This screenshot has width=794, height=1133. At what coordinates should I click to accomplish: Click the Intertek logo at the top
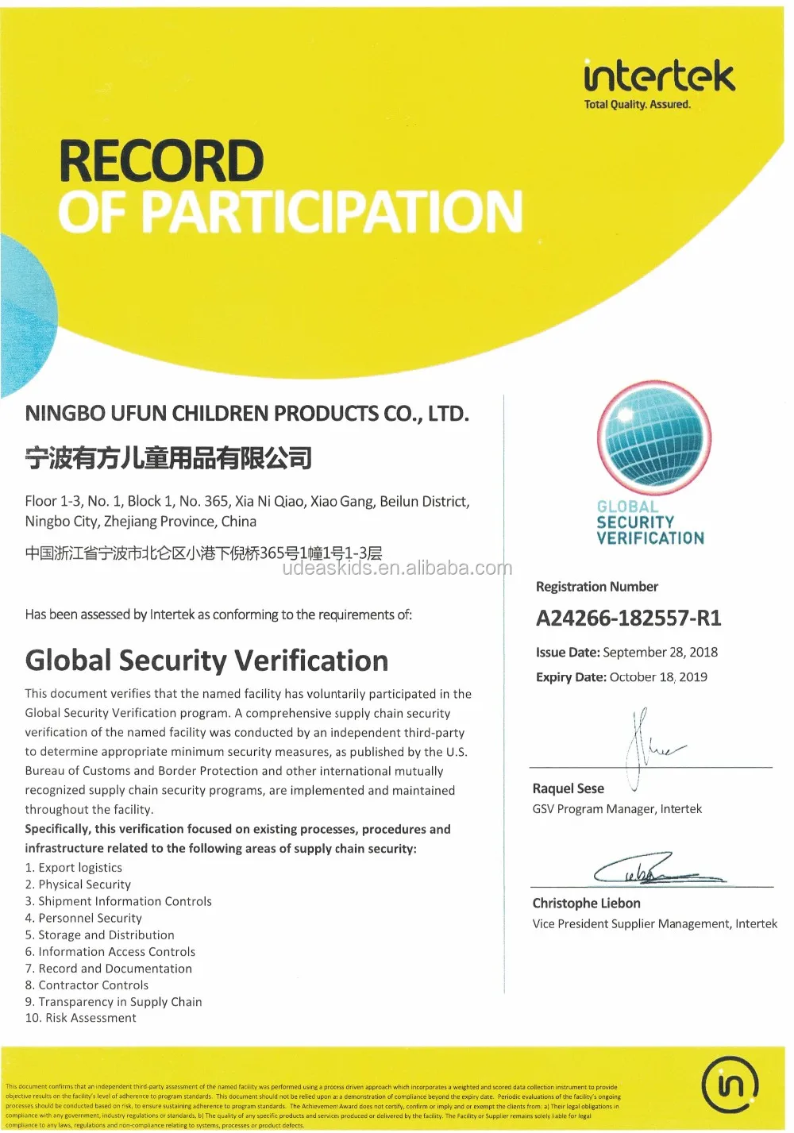pos(659,77)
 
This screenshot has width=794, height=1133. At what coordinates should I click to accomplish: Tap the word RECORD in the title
pos(161,161)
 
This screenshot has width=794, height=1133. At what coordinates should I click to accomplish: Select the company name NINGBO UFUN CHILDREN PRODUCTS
pos(247,414)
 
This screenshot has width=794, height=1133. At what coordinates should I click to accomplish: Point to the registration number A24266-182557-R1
pos(628,619)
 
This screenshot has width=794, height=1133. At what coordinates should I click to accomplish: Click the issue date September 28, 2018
pos(660,653)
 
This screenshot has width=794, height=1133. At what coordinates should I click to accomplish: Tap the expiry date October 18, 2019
pos(657,677)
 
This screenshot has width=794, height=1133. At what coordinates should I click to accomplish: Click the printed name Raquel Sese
pos(568,788)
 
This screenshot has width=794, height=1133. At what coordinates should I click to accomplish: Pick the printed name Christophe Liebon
pos(586,904)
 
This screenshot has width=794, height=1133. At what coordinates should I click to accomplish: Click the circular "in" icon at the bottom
pos(730,1085)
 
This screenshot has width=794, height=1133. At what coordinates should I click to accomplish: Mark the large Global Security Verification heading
pos(206,661)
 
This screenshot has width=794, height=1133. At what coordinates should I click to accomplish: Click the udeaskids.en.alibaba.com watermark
pos(397,568)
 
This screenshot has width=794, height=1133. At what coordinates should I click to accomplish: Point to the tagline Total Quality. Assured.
pos(637,105)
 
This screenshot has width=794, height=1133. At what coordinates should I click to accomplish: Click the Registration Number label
pos(596,587)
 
